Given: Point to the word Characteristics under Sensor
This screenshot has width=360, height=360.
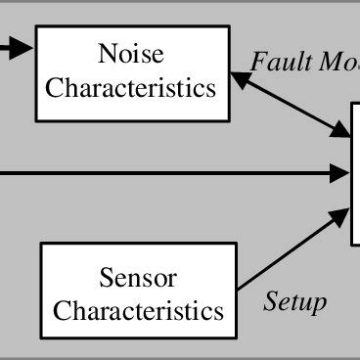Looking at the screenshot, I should pyautogui.click(x=138, y=312).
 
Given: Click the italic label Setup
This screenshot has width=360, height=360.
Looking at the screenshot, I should pyautogui.click(x=294, y=302).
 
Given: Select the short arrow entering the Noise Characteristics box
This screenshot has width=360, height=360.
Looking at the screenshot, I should pyautogui.click(x=17, y=44).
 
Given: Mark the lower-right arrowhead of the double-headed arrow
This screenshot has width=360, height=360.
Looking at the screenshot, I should pyautogui.click(x=343, y=131).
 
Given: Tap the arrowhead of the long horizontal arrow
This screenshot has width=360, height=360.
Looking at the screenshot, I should pyautogui.click(x=342, y=174).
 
